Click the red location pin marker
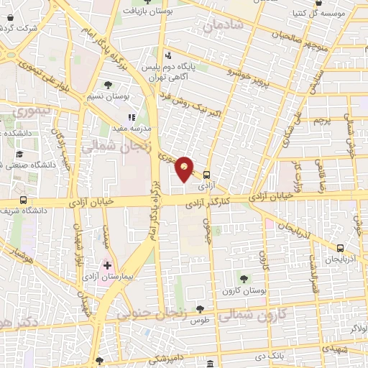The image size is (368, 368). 185,168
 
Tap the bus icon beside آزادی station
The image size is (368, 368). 207,174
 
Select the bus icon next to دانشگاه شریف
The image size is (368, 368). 24,201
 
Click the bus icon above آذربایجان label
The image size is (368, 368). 340,247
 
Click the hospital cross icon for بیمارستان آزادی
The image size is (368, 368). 108,266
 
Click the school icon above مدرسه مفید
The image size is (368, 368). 131,116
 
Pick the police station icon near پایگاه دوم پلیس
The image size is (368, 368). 167,55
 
